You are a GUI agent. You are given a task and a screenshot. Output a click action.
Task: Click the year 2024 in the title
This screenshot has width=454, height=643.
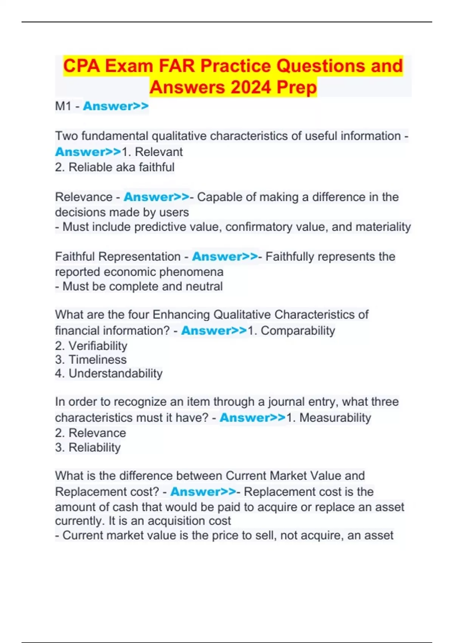pyautogui.click(x=250, y=87)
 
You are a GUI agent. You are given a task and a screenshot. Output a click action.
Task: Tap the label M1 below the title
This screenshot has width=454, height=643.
pyautogui.click(x=63, y=106)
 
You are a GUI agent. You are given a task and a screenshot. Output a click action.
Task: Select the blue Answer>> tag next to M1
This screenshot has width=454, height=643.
pyautogui.click(x=116, y=106)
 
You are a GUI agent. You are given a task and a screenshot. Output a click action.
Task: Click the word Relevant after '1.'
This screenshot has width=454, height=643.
pyautogui.click(x=159, y=152)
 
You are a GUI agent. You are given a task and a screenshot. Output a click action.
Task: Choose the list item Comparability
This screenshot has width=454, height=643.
pyautogui.click(x=298, y=331)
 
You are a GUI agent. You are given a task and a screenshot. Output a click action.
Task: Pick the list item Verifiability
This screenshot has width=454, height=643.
pyautogui.click(x=98, y=346)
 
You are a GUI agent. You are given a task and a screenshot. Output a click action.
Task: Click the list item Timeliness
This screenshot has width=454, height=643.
pyautogui.click(x=98, y=360)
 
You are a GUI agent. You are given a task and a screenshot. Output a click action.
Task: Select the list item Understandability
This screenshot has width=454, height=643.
pyautogui.click(x=115, y=374)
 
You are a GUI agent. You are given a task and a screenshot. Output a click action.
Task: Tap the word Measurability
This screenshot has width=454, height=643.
pyautogui.click(x=335, y=418)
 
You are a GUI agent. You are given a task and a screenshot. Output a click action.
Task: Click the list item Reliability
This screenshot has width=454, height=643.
pyautogui.click(x=95, y=447)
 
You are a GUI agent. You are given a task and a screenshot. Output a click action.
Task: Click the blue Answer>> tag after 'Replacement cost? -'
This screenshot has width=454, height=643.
pyautogui.click(x=203, y=492)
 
